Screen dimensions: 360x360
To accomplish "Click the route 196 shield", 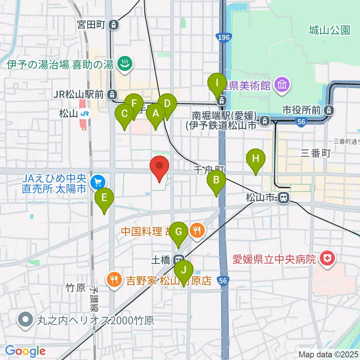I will [224, 37].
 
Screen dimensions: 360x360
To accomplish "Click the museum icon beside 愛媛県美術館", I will [281, 85].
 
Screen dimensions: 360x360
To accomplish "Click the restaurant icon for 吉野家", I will [114, 279].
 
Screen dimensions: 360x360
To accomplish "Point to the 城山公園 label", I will [330, 30].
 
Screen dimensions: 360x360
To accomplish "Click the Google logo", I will [25, 351].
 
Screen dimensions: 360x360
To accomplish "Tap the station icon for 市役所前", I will [329, 110].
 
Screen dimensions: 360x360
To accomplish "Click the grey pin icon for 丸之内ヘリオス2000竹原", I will [25, 321].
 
